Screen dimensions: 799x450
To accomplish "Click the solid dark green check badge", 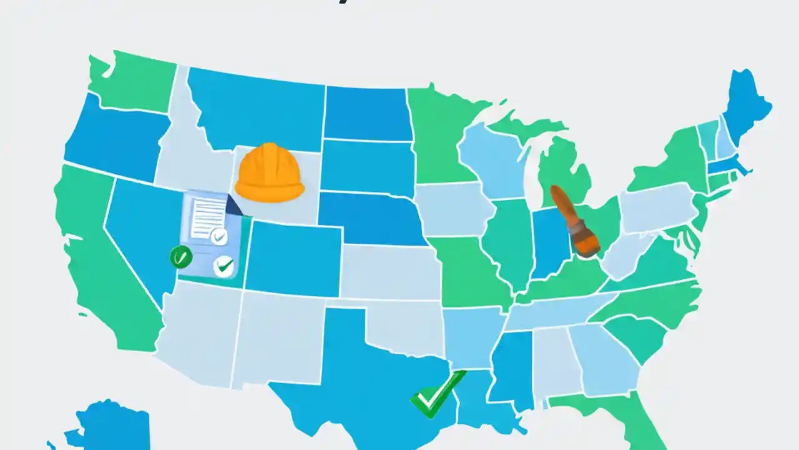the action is click(180, 257).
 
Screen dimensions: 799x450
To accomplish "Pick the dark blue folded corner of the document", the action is click(235, 205).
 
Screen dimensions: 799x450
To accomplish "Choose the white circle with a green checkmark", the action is click(223, 266).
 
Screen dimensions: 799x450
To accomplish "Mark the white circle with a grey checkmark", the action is click(218, 236).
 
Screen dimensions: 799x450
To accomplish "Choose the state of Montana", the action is click(256, 106).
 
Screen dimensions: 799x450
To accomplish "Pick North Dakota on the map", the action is click(367, 112).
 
